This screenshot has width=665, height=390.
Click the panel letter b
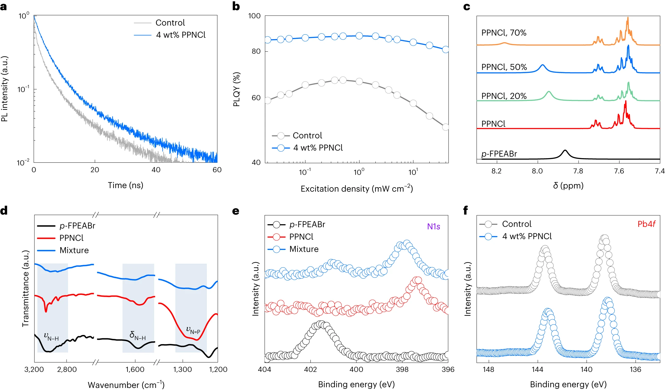(x=236, y=6)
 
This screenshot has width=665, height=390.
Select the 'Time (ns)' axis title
(x=125, y=185)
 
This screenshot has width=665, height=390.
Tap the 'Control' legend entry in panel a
(x=170, y=23)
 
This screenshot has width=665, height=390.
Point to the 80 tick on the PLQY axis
(x=256, y=51)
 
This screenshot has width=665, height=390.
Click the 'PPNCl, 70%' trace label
(x=503, y=33)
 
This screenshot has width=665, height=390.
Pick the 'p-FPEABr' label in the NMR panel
(x=499, y=154)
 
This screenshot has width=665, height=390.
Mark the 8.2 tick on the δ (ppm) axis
(x=496, y=171)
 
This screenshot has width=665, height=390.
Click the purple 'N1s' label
(x=433, y=227)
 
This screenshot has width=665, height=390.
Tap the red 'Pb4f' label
(x=646, y=224)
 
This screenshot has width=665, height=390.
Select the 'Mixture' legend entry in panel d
(x=74, y=251)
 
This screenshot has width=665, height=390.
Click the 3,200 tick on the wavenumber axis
(x=34, y=370)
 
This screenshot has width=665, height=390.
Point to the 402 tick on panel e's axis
(x=310, y=370)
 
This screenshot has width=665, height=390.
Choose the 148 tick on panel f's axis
(x=488, y=370)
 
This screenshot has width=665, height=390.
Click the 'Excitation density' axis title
(x=356, y=189)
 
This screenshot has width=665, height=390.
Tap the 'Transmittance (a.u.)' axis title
(x=25, y=288)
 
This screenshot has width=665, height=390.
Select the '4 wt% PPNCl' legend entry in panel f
(x=526, y=236)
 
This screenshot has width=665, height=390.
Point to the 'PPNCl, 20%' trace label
(x=503, y=96)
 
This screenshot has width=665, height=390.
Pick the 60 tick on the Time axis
(x=217, y=170)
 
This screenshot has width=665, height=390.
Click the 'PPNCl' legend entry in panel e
(x=301, y=237)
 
